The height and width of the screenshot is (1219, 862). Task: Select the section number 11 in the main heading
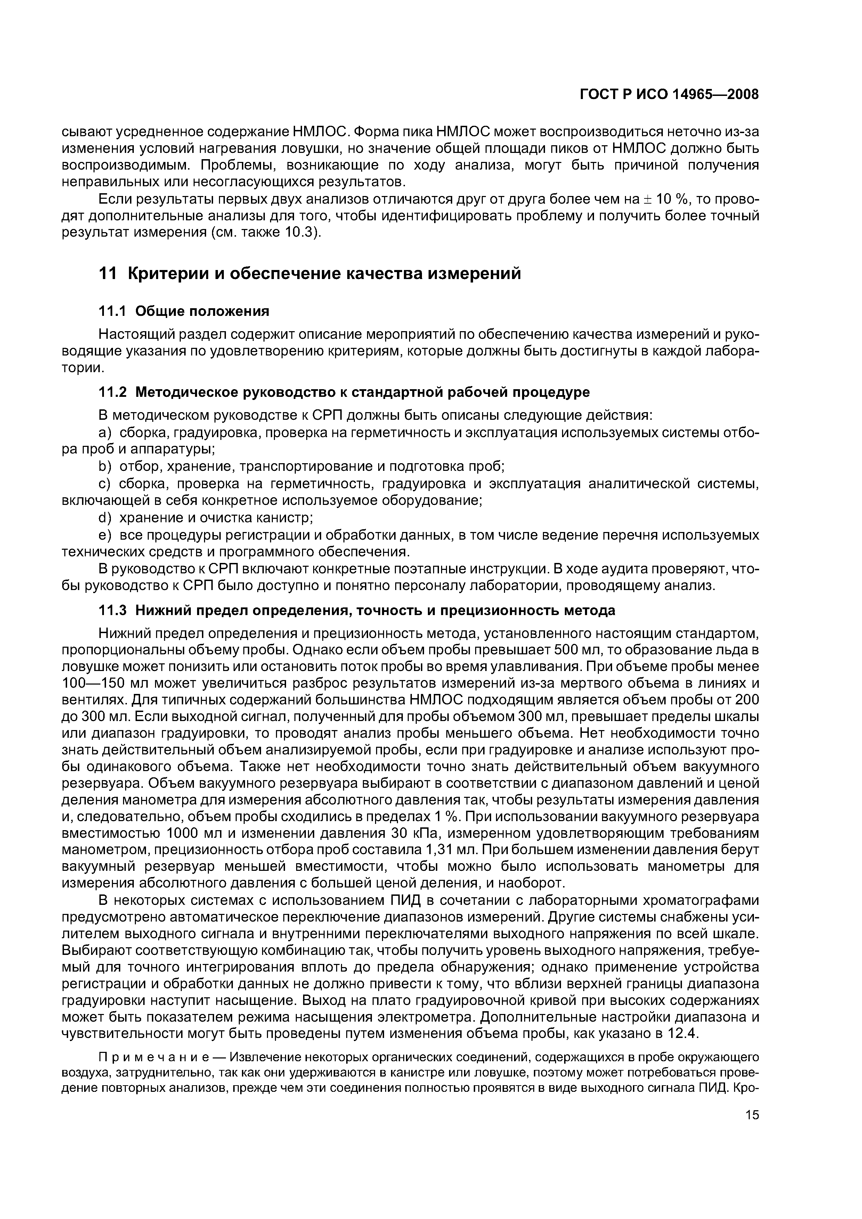(x=107, y=274)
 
